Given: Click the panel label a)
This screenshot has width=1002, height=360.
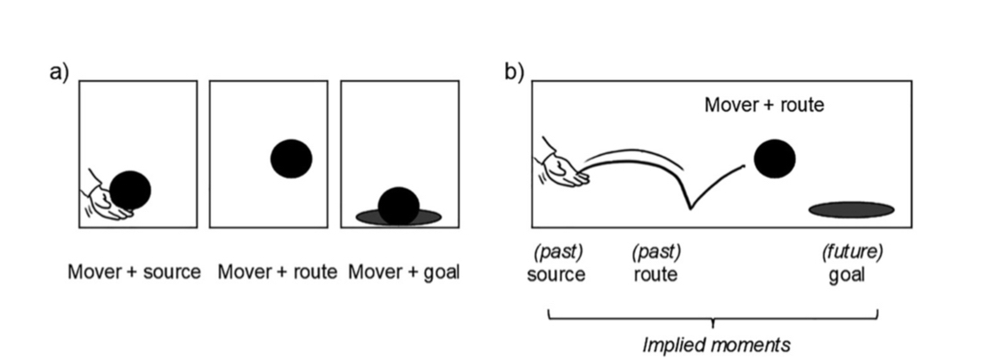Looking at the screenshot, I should tap(58, 72).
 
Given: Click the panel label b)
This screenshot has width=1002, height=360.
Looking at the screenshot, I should tap(514, 72).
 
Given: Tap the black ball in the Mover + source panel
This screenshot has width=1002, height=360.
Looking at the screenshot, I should tap(131, 190).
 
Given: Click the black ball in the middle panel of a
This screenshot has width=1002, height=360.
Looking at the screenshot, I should tap(291, 159).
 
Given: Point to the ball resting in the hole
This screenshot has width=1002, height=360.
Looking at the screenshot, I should tap(398, 205).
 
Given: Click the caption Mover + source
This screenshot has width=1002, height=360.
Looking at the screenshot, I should tap(134, 272).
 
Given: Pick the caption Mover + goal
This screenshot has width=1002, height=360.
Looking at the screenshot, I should tap(403, 272).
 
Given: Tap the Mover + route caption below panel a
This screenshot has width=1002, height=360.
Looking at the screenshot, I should tap(277, 272).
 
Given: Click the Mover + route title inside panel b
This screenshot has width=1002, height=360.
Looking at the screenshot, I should tap(764, 105).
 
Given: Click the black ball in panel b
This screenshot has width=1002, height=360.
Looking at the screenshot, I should tap(774, 160).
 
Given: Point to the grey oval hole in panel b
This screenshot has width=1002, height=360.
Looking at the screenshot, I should tap(851, 210).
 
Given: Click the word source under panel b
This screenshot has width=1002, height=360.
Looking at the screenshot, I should tap(557, 274).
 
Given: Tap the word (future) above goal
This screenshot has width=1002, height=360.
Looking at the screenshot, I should tap(851, 253).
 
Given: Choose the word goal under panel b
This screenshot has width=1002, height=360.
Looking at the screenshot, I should tap(846, 274).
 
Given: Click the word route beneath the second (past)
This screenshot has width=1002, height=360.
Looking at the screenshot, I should tap(656, 274).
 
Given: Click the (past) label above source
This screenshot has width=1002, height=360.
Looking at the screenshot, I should tap(557, 253).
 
